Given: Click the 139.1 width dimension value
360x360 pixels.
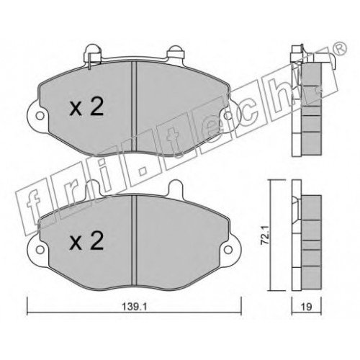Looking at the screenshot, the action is (134, 307).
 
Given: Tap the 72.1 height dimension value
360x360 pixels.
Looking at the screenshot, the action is (264, 235).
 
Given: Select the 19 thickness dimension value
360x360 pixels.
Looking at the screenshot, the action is (306, 307).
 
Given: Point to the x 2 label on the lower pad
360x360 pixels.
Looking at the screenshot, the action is (86, 240).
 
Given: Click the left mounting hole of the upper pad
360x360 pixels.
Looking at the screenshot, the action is (40, 116).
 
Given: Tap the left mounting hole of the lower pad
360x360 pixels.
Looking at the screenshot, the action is (40, 250).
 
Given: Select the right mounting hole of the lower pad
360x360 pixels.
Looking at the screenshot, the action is (228, 250).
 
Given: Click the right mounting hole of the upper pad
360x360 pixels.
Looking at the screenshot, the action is (228, 116).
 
